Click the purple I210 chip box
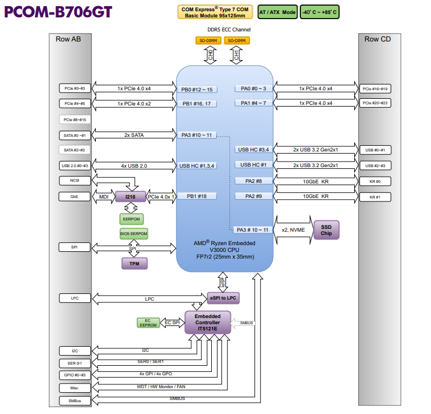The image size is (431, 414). point(130,197)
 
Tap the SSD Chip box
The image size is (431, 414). point(326,229)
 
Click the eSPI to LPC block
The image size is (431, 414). point(223,297)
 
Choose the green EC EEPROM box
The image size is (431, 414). point(148,323)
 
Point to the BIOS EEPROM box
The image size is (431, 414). point(133,233)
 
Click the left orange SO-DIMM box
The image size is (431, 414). point(207,40)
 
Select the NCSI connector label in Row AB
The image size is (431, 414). point(75,181)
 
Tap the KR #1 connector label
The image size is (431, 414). point(375,197)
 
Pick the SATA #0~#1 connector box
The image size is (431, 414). point(75,135)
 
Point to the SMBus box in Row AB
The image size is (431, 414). point(75,401)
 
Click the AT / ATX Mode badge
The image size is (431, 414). point(277,12)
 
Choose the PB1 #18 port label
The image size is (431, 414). point(198,196)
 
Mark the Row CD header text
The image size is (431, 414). point(378,39)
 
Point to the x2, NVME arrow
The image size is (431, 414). point(293,229)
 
